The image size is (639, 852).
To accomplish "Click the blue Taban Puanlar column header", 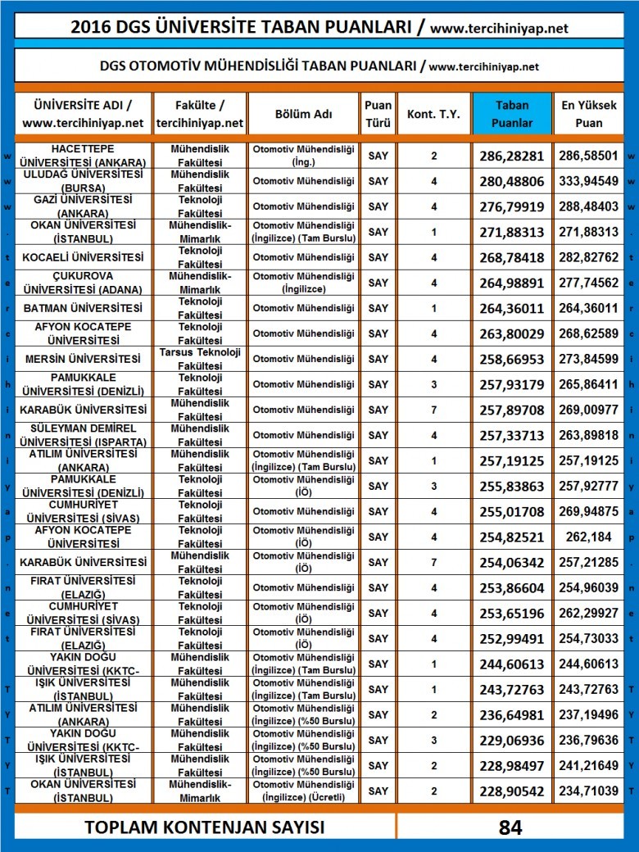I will point(512,114).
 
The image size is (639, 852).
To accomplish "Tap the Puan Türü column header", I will point(378,114).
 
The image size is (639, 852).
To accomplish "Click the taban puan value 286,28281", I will point(512,156).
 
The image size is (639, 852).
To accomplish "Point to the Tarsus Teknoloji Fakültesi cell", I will point(200,359).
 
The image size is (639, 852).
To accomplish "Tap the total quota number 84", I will point(510,827).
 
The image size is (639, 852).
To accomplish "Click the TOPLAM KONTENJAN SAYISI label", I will point(204,827).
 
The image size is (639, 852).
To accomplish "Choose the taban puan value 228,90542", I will point(512,791).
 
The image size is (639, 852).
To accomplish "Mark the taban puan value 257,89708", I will point(512,410).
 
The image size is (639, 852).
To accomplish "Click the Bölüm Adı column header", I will point(303,114).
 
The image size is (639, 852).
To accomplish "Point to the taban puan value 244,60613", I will point(512,664).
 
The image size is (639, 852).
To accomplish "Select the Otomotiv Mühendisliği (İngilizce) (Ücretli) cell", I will point(303,791).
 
